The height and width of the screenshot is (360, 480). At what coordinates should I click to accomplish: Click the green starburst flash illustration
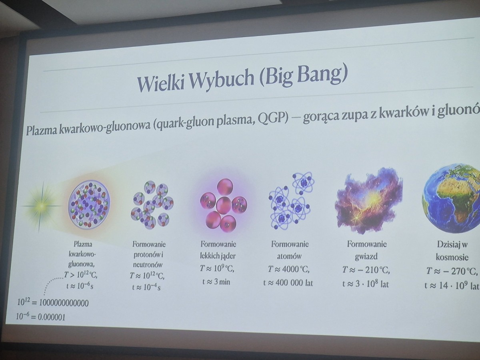[x=42, y=206]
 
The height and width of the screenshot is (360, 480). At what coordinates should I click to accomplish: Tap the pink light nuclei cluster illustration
[x=223, y=205]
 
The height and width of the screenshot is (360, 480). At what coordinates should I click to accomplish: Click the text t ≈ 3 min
[x=216, y=282]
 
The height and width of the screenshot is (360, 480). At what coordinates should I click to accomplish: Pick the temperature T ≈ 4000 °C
[x=289, y=270]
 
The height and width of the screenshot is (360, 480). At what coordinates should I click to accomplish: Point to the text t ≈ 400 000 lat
[x=288, y=283]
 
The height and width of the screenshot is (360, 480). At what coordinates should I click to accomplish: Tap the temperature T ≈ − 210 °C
[x=366, y=271]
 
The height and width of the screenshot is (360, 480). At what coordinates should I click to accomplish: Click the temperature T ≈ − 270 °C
[x=452, y=272]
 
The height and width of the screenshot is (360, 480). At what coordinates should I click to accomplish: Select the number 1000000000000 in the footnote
[x=64, y=303]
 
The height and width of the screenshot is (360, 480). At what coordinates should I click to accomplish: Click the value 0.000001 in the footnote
[x=52, y=317]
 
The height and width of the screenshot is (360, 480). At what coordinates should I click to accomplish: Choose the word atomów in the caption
[x=289, y=256]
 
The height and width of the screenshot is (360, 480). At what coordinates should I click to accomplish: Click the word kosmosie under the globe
[x=452, y=257]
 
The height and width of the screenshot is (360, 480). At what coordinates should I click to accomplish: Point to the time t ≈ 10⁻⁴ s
[x=146, y=287]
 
